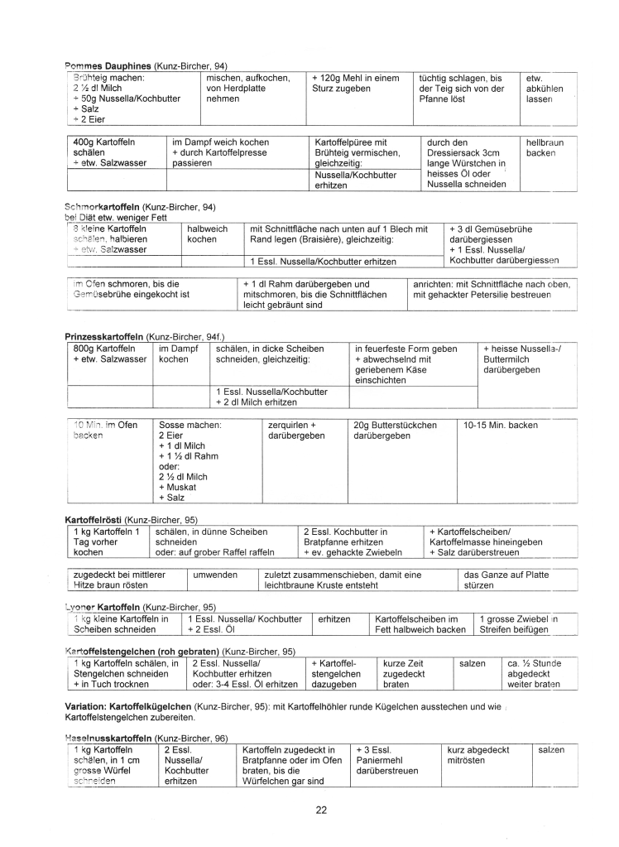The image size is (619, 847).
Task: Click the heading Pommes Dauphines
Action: click(x=108, y=65)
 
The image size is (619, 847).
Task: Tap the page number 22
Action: click(x=321, y=810)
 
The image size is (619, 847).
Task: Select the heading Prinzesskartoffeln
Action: click(x=104, y=337)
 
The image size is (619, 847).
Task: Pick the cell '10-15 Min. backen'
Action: click(x=500, y=426)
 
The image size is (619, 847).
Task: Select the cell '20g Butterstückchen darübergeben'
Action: click(x=395, y=431)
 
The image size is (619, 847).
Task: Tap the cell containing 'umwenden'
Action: click(x=215, y=574)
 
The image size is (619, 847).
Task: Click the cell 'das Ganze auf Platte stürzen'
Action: click(x=506, y=579)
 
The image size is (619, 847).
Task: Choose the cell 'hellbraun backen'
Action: click(x=545, y=147)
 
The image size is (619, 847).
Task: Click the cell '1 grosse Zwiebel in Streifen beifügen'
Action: click(x=520, y=624)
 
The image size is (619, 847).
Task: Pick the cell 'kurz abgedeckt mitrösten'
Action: click(x=477, y=755)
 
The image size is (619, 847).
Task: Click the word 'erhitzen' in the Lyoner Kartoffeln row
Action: click(x=334, y=618)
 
